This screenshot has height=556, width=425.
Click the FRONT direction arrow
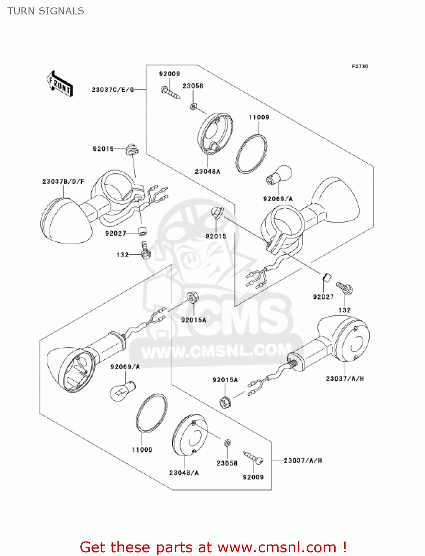pos(60,84)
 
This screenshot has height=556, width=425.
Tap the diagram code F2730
pos(360,66)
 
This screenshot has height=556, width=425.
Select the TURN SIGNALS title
pos(46,11)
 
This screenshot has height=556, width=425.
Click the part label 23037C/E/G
pos(113,90)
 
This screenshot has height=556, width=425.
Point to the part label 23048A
pos(207,171)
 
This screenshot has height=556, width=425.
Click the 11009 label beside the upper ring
pos(259,117)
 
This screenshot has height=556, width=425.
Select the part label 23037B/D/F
pos(63,181)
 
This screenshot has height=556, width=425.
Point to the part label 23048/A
pos(184,473)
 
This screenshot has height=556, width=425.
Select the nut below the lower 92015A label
pos(225,402)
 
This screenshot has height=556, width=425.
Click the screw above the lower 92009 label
pos(253,457)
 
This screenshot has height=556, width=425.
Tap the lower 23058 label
pos(227,463)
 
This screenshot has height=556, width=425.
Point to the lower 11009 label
pos(142,450)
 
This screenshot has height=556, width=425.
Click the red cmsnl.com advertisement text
pos(213,547)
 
